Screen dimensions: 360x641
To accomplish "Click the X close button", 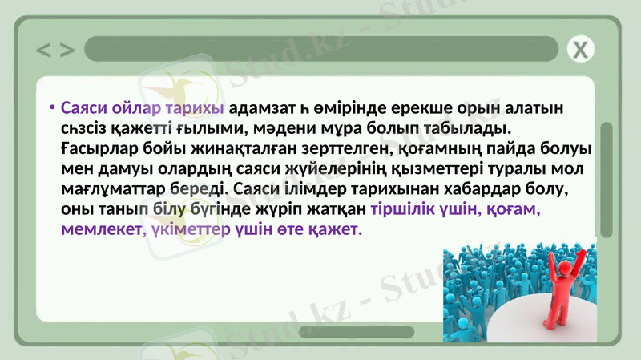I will click(582, 50).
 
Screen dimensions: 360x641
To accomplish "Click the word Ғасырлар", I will click(98, 150).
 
